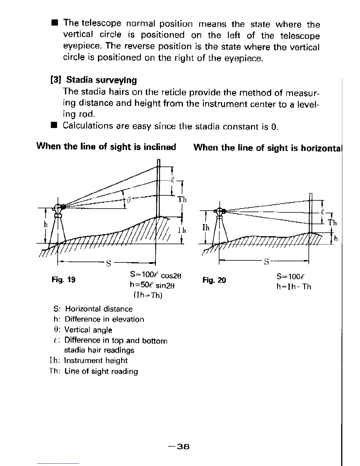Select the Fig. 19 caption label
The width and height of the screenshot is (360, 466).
[x=64, y=279]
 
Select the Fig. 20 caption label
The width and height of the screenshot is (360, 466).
[x=214, y=280]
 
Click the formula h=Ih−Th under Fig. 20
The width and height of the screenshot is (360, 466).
[x=294, y=287]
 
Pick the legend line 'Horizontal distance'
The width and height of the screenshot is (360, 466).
[x=99, y=309]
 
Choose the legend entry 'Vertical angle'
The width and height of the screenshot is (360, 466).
[x=88, y=330]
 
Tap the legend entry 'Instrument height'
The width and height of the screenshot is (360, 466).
[x=96, y=361]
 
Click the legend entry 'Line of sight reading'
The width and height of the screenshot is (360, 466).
[x=101, y=371]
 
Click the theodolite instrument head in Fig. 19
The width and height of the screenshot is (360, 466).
[x=58, y=209]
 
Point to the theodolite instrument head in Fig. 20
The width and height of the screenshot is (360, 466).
[x=219, y=211]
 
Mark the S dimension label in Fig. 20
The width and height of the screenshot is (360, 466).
[x=266, y=262]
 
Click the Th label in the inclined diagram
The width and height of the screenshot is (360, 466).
[x=182, y=200]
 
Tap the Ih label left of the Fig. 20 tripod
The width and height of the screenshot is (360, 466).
[x=206, y=227]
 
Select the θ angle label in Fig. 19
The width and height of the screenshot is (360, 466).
[x=128, y=200]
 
